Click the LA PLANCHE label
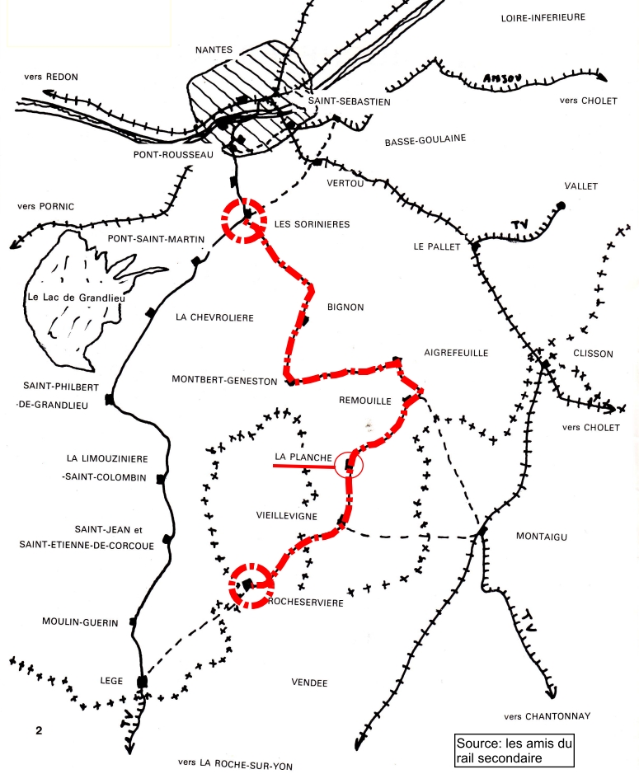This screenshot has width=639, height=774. (303, 457)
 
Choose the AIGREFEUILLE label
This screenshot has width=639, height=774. (456, 353)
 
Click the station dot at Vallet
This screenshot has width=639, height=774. (561, 205)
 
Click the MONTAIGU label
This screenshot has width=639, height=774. (542, 537)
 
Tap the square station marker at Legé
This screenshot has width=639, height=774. (142, 682)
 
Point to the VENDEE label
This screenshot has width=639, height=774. (310, 683)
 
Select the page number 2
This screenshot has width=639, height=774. (39, 730)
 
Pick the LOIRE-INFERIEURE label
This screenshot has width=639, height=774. (543, 17)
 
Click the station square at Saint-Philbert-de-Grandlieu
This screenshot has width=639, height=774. (109, 400)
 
